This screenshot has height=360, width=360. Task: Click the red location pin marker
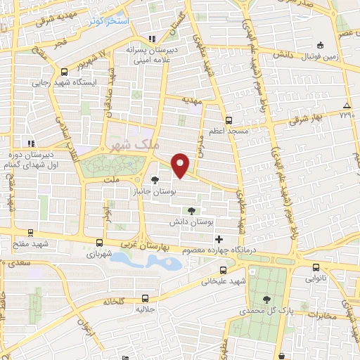click(x=181, y=165)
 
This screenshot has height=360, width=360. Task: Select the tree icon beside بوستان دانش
click(x=192, y=210)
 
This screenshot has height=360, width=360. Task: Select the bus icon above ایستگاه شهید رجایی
click(x=65, y=71)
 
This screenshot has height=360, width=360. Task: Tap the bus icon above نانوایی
click(x=315, y=267)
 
